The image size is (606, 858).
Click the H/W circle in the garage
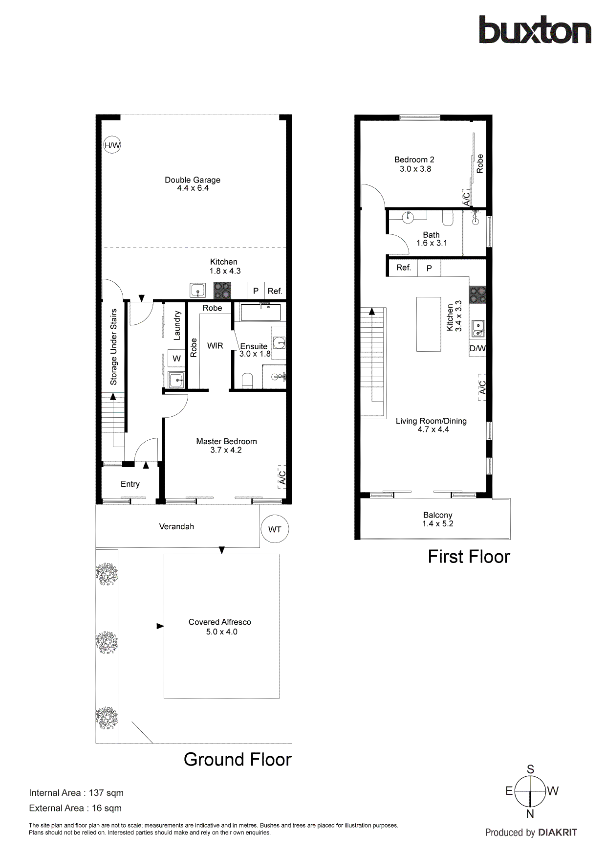point(112,145)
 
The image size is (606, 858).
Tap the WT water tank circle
point(275,529)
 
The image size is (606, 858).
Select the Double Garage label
point(193,180)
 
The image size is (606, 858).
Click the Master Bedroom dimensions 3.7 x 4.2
point(226,450)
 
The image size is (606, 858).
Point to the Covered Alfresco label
point(220,622)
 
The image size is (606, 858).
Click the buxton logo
point(535,30)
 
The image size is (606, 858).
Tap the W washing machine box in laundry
point(176,359)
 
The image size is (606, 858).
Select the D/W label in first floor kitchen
point(477,348)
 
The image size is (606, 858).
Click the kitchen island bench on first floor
point(429,324)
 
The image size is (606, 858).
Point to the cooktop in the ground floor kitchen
point(222,291)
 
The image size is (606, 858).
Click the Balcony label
point(437,515)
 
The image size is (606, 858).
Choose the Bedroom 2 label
point(414,159)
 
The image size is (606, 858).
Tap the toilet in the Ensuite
point(247,381)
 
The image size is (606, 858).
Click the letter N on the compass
point(530,814)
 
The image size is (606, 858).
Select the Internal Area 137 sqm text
point(76,792)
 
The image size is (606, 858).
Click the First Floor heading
point(469,557)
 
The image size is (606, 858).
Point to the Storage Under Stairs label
point(114,347)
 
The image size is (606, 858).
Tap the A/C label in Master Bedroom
point(282,477)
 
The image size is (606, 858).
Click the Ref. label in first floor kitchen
point(404,268)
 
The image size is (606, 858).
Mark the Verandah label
point(176,526)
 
